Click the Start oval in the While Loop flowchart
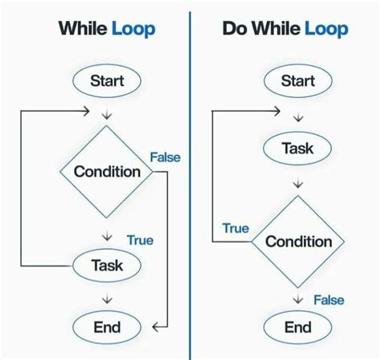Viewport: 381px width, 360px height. pos(107,80)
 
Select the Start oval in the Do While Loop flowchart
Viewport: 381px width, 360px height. pos(298,80)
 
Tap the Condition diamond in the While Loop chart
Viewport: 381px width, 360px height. pos(107,172)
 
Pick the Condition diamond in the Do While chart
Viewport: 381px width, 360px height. pos(298,241)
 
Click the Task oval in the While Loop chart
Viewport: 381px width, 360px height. pos(107,265)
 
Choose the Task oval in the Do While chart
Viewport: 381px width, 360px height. pos(298,149)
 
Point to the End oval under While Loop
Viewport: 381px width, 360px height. pos(107,327)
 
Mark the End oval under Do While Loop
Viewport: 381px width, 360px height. pos(298,327)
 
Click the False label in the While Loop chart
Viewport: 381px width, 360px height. pos(165,157)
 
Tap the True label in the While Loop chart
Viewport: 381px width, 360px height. pos(140,239)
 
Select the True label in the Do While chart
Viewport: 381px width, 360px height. pos(236,228)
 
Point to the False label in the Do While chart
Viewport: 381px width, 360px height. pos(328,300)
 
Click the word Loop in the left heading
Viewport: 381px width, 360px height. pos(133,30)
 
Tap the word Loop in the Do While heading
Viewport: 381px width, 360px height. pos(326,30)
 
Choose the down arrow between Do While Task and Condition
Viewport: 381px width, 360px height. pos(298,184)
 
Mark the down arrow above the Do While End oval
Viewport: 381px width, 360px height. pos(298,299)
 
